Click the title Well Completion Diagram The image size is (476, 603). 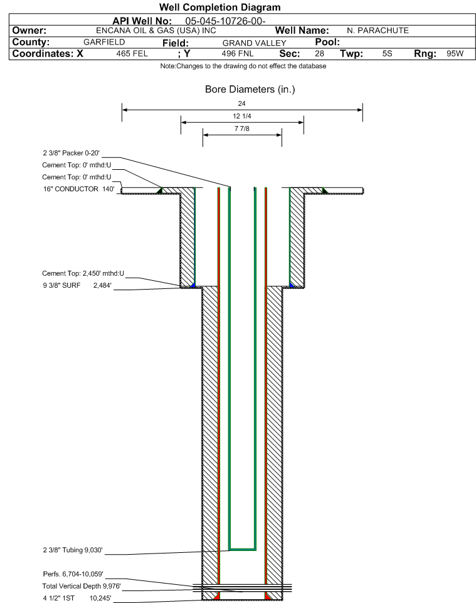220,8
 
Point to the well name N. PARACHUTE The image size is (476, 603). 378,31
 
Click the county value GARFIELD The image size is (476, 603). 104,43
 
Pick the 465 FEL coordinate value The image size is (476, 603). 132,54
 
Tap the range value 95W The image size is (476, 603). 455,54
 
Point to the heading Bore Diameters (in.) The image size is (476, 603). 250,90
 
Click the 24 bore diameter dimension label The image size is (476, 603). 242,103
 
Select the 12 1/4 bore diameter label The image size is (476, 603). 242,117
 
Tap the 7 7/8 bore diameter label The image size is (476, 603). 242,130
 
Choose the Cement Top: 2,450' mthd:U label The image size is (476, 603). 83,273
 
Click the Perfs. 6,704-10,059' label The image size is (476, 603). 73,574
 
